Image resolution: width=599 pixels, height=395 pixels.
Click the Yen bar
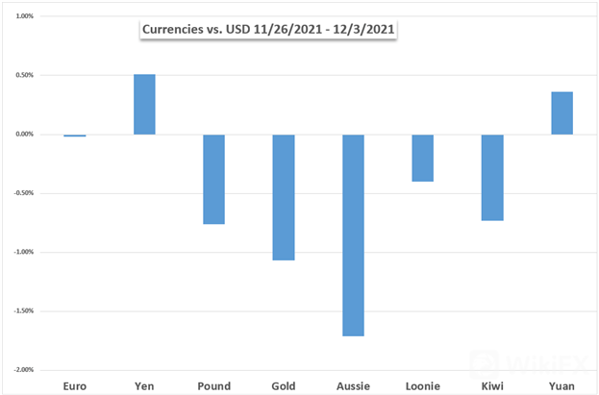[x=144, y=104]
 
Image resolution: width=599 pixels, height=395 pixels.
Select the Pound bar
[x=213, y=179]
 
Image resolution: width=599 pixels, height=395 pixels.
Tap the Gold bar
[x=284, y=197]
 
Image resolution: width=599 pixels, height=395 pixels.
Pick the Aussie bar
[x=353, y=235]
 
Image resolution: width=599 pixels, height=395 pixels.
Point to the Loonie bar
[x=422, y=158]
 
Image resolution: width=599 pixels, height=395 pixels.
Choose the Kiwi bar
[x=492, y=178]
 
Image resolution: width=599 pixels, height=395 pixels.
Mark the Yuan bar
[x=562, y=113]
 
